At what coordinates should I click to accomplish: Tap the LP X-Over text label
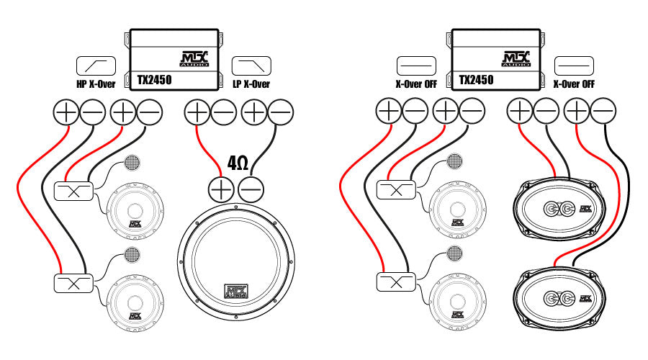(x=251, y=84)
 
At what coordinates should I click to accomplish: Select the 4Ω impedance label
(x=238, y=163)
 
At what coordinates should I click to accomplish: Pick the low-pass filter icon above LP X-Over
(x=251, y=66)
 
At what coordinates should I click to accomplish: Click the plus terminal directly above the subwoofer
(x=221, y=189)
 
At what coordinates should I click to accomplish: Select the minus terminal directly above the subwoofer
(x=250, y=189)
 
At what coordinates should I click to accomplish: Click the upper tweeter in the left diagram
(x=132, y=163)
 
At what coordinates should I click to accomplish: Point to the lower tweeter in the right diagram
(x=454, y=253)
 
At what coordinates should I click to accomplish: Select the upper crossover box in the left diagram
(x=73, y=191)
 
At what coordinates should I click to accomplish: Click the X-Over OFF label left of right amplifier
(x=417, y=84)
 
